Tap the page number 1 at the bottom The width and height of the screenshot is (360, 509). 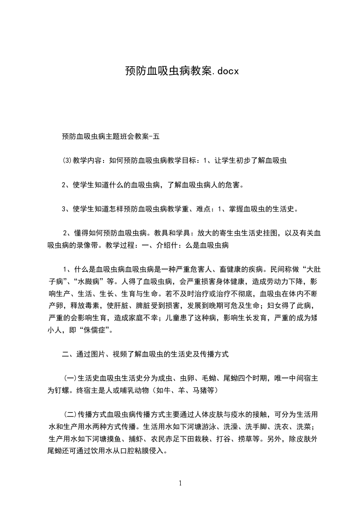pos(180,483)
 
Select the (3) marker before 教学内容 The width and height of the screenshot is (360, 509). pos(66,160)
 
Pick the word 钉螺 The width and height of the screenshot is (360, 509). pos(66,390)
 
